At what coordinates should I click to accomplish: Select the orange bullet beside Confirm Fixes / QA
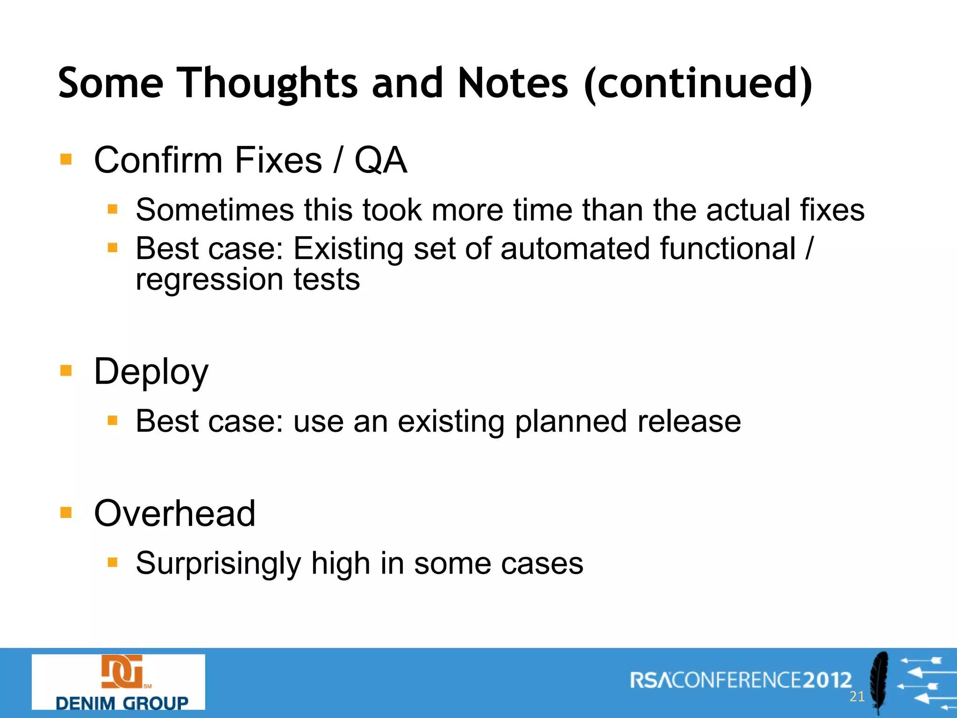pyautogui.click(x=66, y=160)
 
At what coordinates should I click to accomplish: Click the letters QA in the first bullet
pyautogui.click(x=380, y=160)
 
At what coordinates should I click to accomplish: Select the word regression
pyautogui.click(x=209, y=279)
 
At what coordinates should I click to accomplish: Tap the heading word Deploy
pyautogui.click(x=151, y=372)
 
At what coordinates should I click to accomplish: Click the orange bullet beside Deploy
pyautogui.click(x=66, y=371)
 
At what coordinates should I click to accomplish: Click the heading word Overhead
pyautogui.click(x=175, y=513)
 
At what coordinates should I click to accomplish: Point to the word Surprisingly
pyautogui.click(x=218, y=563)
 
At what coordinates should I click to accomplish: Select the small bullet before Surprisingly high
pyautogui.click(x=112, y=562)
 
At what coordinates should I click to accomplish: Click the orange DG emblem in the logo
pyautogui.click(x=122, y=672)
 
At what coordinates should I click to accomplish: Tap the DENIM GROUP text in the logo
pyautogui.click(x=122, y=703)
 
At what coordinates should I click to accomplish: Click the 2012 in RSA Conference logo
pyautogui.click(x=828, y=680)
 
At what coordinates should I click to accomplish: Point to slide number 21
pyautogui.click(x=857, y=696)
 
